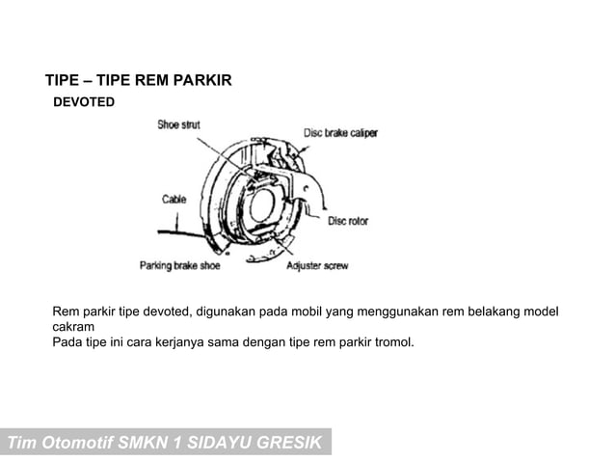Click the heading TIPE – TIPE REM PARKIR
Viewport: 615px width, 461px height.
pyautogui.click(x=139, y=80)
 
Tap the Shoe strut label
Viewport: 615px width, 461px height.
pyautogui.click(x=179, y=125)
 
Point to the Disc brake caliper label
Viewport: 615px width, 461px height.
pyautogui.click(x=340, y=133)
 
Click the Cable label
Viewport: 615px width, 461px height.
pyautogui.click(x=174, y=200)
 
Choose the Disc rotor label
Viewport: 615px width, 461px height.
pyautogui.click(x=348, y=221)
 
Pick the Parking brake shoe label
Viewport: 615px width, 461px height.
pyautogui.click(x=179, y=266)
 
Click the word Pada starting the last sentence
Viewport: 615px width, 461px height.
pyautogui.click(x=67, y=340)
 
